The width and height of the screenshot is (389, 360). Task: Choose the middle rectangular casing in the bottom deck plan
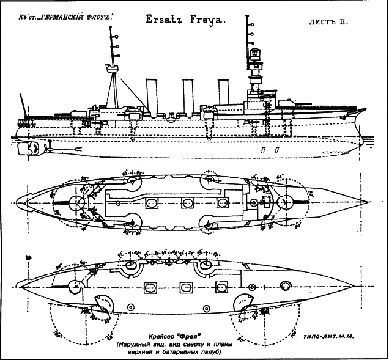pyautogui.click(x=185, y=287)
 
